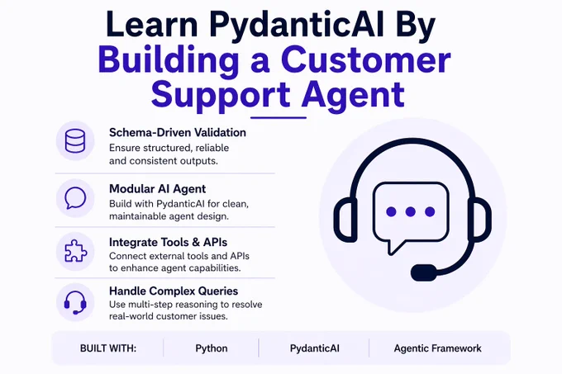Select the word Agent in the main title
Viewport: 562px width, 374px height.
(x=353, y=96)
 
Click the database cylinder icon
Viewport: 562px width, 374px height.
(x=75, y=140)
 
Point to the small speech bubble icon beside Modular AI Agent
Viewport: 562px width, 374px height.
(x=75, y=198)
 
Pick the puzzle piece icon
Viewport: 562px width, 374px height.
(x=75, y=251)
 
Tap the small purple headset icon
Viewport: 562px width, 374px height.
(x=75, y=302)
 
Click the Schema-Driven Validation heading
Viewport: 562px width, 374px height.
(x=178, y=133)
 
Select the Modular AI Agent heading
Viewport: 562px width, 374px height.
(x=157, y=188)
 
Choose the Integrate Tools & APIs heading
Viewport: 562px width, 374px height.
(x=168, y=242)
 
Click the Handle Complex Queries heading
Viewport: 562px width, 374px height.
(x=174, y=291)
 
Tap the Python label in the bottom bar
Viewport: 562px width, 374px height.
(x=212, y=348)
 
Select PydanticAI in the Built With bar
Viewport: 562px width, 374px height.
(x=315, y=348)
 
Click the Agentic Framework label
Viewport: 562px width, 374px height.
(x=438, y=348)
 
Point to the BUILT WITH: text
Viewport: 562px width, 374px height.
(x=108, y=348)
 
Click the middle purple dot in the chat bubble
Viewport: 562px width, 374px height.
(x=411, y=212)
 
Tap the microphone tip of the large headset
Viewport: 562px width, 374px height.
(x=424, y=272)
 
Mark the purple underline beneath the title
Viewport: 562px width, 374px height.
(x=279, y=117)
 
